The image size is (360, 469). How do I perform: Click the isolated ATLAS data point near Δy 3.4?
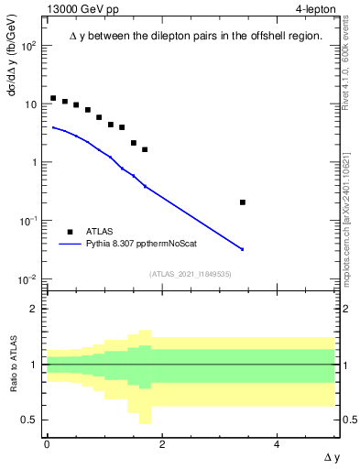(x=242, y=202)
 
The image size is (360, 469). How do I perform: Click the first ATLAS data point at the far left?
(x=53, y=98)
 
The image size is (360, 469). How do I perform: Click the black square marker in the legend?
(x=70, y=233)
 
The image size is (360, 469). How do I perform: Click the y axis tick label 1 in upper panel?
(x=35, y=163)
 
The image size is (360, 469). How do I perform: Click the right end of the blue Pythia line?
(x=243, y=249)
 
